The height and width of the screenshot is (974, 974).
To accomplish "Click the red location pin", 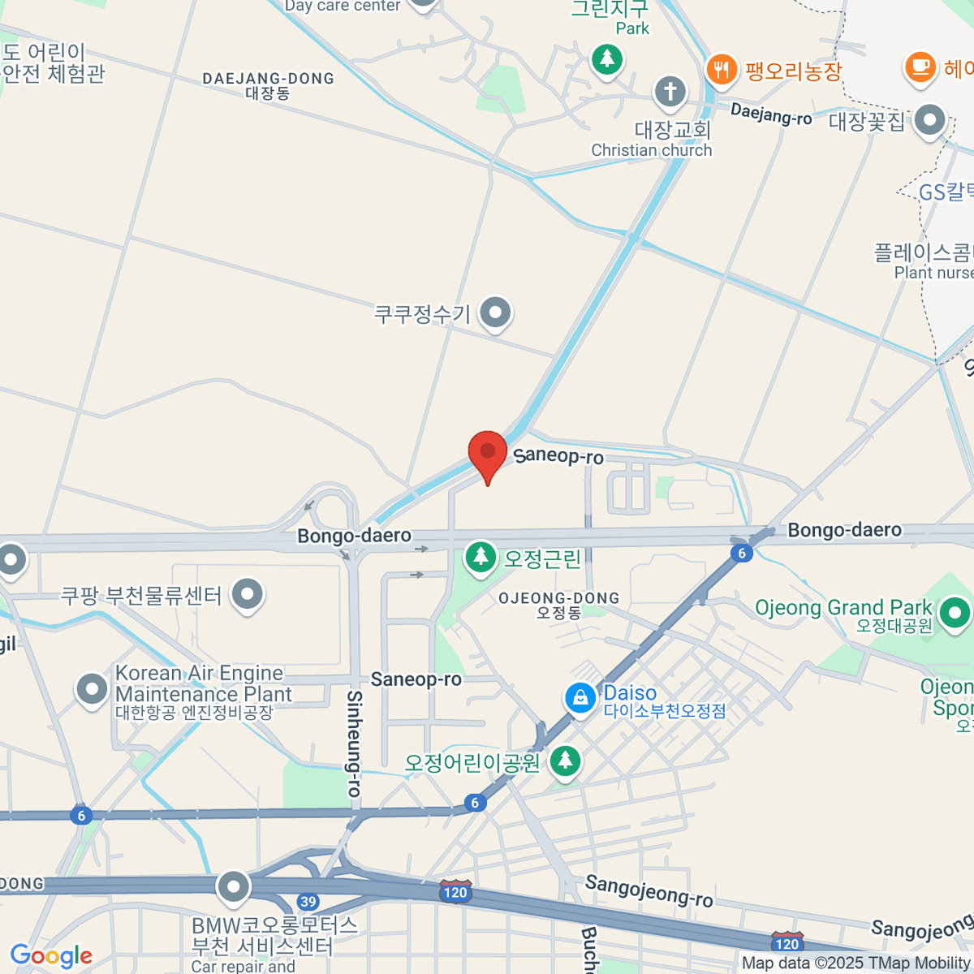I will click(x=487, y=453).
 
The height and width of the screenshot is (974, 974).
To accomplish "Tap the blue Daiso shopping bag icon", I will click(x=580, y=698).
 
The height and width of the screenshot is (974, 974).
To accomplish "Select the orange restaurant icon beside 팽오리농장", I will click(x=721, y=69).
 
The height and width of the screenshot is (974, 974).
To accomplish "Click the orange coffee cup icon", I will click(x=920, y=66).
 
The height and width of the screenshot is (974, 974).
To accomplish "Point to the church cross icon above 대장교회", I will click(x=670, y=91).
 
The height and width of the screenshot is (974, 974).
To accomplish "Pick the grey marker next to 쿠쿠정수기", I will click(x=494, y=312).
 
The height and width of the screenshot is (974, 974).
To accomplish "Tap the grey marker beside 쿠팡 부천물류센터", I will click(x=247, y=594).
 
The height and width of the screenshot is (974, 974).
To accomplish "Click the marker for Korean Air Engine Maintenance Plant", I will click(x=92, y=689).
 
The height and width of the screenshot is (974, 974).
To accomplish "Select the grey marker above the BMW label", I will click(x=234, y=886).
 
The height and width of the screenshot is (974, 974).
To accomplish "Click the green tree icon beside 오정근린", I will click(x=481, y=557).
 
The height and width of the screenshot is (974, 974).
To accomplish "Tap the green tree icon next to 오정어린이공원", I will click(x=565, y=761).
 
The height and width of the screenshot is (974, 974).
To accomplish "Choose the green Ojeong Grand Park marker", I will click(x=955, y=612).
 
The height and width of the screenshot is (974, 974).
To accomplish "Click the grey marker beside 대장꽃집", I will click(x=929, y=121).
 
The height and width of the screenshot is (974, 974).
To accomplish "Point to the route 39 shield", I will click(x=308, y=902).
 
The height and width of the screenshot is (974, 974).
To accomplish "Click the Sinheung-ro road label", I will click(x=354, y=743).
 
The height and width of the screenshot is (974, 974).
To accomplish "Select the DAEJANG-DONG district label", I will click(x=268, y=85).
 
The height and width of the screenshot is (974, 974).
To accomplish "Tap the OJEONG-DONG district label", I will click(x=558, y=605).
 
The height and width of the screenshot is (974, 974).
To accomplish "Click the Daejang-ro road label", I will click(x=771, y=114).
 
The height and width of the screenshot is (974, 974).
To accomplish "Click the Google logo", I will click(x=51, y=956).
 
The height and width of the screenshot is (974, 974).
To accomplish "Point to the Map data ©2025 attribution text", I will click(x=855, y=963).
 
